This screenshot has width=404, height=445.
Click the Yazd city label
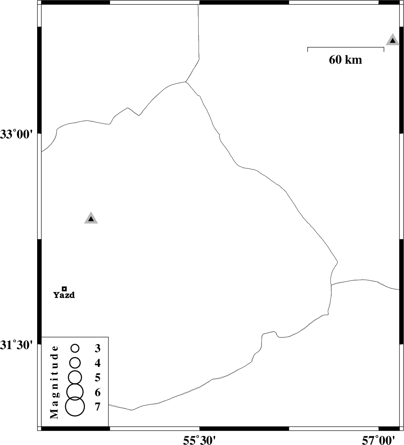pyautogui.click(x=64, y=295)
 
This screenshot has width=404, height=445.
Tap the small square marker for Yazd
pyautogui.click(x=64, y=288)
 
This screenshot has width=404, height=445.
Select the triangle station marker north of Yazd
pyautogui.click(x=91, y=218)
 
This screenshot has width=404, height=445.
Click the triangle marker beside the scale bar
pyautogui.click(x=393, y=40)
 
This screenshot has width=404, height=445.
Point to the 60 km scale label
pyautogui.click(x=345, y=60)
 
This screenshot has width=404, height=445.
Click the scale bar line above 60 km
pyautogui.click(x=346, y=48)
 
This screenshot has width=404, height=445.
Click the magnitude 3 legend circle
pyautogui.click(x=75, y=348)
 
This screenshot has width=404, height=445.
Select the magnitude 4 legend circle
pyautogui.click(x=75, y=362)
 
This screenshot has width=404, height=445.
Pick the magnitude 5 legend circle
pyautogui.click(x=75, y=377)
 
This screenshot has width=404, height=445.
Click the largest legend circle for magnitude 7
pyautogui.click(x=75, y=406)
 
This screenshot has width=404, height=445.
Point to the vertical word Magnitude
pyautogui.click(x=55, y=382)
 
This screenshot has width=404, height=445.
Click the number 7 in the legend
pyautogui.click(x=97, y=407)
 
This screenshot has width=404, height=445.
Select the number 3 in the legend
pyautogui.click(x=97, y=348)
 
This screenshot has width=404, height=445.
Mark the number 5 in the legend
pyautogui.click(x=97, y=378)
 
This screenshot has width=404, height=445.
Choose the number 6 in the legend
pyautogui.click(x=97, y=392)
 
